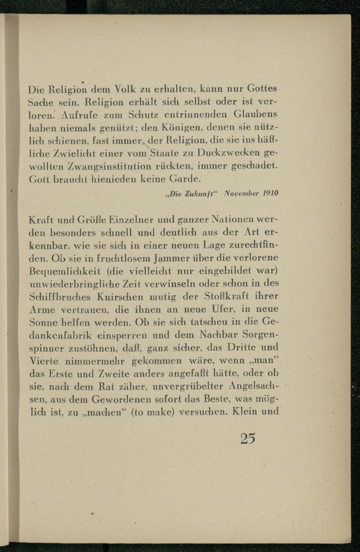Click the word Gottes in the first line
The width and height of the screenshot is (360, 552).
pos(262,89)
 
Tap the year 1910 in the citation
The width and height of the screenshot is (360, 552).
pos(270,193)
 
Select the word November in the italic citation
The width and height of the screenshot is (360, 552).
pos(240,193)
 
